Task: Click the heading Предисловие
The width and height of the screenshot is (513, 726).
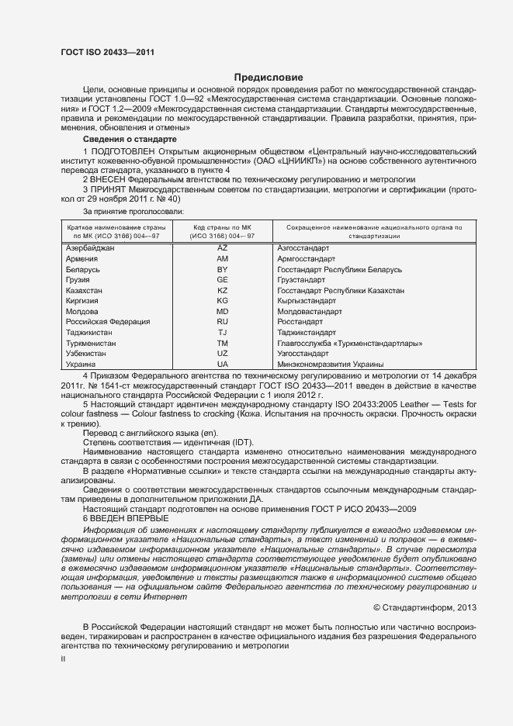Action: (268, 78)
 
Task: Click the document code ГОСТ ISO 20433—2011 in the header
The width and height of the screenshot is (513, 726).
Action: (106, 52)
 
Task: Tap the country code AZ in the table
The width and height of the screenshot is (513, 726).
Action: (223, 247)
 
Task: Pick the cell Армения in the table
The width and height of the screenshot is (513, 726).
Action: (82, 258)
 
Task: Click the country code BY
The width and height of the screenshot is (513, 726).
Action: (223, 269)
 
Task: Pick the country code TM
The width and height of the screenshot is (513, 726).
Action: (223, 343)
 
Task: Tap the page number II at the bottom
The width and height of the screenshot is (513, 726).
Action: (64, 657)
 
